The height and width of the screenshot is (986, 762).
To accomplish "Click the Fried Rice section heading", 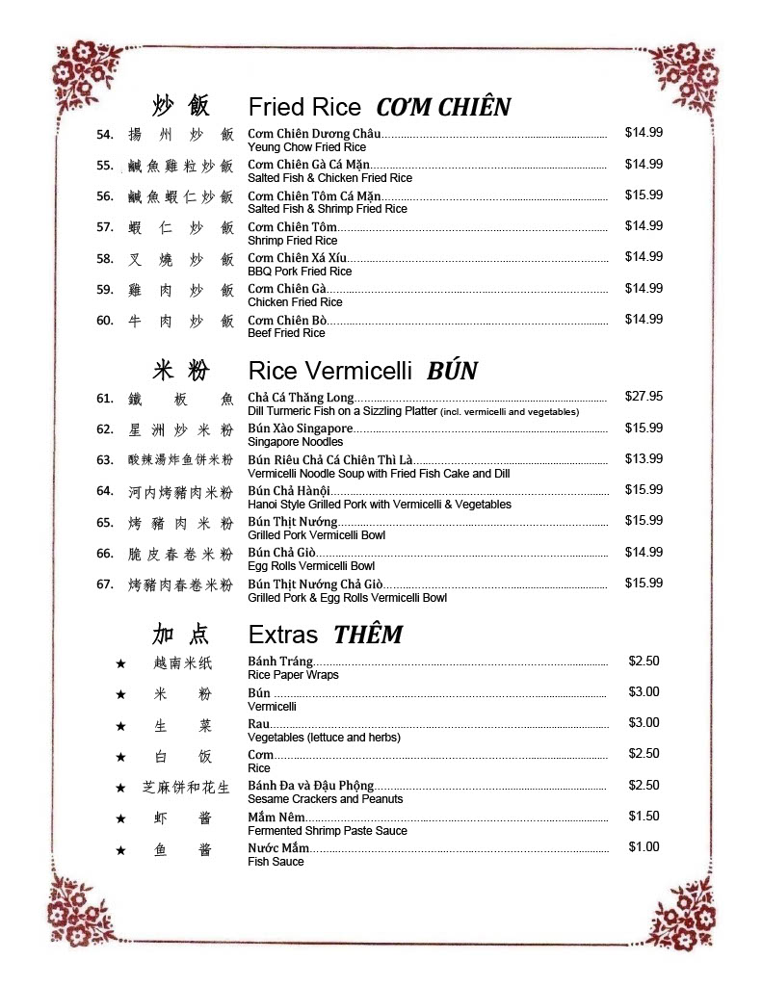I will point(304,107).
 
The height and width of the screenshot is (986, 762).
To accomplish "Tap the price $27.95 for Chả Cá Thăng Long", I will point(644,397).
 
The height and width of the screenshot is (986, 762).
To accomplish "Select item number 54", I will point(105,134).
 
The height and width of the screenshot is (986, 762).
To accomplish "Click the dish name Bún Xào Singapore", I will point(301,428).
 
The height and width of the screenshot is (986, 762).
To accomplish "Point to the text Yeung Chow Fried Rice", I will point(306,147).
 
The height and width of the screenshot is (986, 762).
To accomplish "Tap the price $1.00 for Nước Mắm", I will point(644,847).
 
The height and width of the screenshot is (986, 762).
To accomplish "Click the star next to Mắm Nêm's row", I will point(120,818).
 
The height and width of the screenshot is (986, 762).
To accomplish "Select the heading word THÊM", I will point(368,636).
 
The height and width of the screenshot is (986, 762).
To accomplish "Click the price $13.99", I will point(644,459).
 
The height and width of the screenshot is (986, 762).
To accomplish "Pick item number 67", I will point(105,584).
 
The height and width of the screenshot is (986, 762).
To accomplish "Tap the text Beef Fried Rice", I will point(286,333).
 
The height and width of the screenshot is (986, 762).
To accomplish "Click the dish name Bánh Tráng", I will point(280,662).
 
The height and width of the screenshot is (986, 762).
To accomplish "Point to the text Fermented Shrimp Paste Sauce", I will point(328,831).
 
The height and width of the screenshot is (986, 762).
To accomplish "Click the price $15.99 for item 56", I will point(644,195).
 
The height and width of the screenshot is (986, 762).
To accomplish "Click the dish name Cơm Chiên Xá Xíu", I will point(298,258).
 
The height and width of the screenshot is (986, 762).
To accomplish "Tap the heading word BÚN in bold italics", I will point(452,371).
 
